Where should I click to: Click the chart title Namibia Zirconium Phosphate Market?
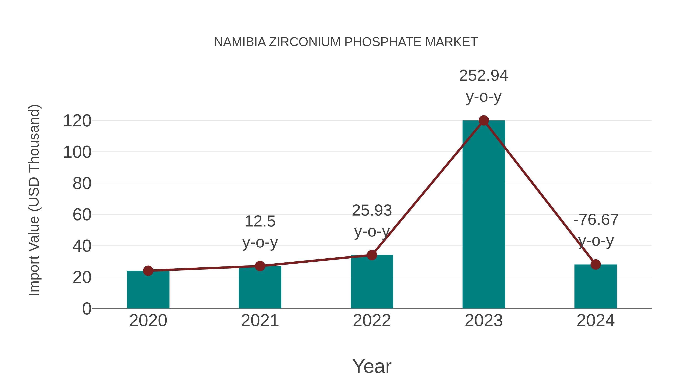[346, 42]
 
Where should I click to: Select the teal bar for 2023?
[484, 215]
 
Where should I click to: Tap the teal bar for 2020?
[148, 290]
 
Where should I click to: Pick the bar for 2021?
[260, 287]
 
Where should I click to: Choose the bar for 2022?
[372, 282]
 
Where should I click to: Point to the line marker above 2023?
[484, 120]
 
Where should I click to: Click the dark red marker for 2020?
[148, 271]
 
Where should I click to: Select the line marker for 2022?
[372, 255]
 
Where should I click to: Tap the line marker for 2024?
[596, 265]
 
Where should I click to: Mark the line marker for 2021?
[260, 266]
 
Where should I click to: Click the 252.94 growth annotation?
[484, 76]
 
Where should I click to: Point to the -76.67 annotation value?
[596, 220]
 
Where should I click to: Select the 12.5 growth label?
[260, 222]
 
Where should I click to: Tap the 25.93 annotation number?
[372, 211]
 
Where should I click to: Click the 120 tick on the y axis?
[77, 121]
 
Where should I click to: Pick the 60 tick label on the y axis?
[82, 215]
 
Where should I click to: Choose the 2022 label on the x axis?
[372, 321]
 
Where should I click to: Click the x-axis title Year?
[372, 367]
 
